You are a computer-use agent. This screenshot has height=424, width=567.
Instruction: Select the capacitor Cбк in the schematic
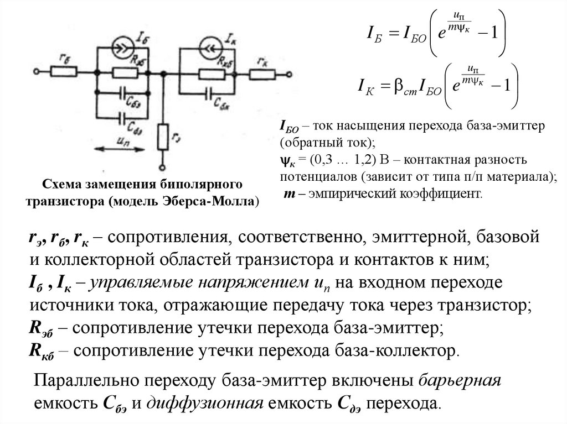[210, 94]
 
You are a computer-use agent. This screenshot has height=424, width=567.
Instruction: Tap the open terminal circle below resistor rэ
[162, 166]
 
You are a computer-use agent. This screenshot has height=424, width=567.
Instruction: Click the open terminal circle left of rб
[37, 71]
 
